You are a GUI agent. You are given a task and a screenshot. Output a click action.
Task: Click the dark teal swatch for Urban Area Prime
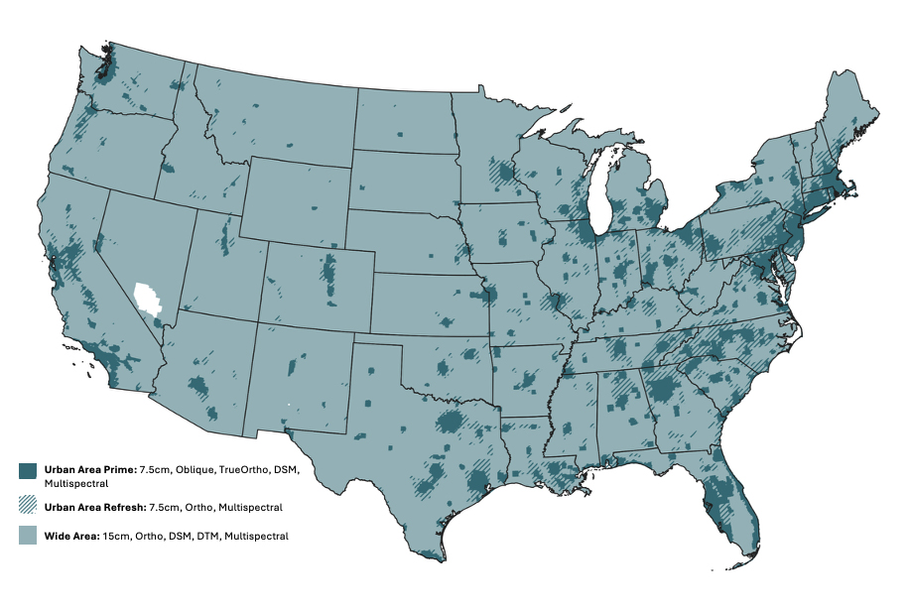pyautogui.click(x=28, y=471)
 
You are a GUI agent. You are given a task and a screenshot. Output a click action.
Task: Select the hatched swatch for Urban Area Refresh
pyautogui.click(x=28, y=507)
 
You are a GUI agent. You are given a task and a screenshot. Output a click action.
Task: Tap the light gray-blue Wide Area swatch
pyautogui.click(x=28, y=536)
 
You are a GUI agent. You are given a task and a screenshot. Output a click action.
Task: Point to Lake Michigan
pyautogui.click(x=598, y=193)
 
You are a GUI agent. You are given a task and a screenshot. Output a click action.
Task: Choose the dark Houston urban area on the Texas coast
pyautogui.click(x=477, y=483)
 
